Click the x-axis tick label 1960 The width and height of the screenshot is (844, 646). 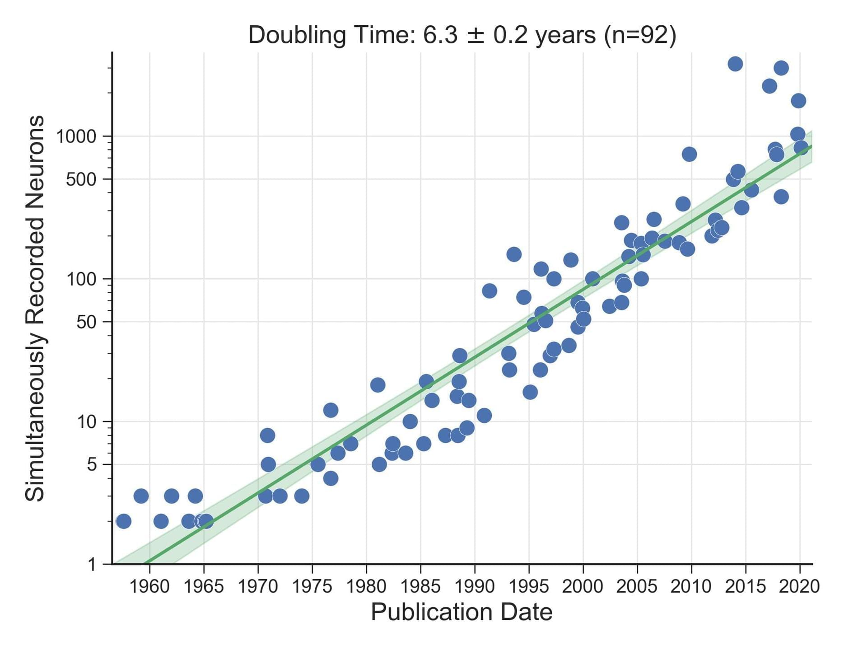(x=149, y=586)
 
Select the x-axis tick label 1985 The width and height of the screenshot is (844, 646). (x=420, y=586)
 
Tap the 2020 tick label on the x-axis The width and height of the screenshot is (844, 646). (x=800, y=586)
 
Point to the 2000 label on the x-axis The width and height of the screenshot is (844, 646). (x=583, y=586)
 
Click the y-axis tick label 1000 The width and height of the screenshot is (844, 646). (x=76, y=136)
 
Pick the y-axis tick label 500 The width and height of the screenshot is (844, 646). (x=81, y=179)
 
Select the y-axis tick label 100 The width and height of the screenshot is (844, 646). (x=81, y=279)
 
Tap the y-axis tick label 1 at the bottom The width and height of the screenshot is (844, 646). (x=93, y=564)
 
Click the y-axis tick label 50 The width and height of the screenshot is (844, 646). (x=87, y=322)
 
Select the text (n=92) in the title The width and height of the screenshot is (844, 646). (x=640, y=35)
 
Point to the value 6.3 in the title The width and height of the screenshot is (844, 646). (x=440, y=35)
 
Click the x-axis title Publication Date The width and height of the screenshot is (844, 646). (x=462, y=613)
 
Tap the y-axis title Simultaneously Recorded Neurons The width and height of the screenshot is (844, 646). (x=35, y=308)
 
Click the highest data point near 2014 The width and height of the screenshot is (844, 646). (x=735, y=64)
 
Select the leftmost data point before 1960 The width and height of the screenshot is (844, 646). (x=123, y=521)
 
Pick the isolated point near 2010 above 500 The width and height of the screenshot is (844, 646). (x=689, y=154)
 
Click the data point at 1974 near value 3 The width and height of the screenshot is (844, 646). (x=302, y=496)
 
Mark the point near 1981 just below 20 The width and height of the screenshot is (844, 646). (x=378, y=385)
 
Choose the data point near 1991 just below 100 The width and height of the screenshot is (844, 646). (x=490, y=291)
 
